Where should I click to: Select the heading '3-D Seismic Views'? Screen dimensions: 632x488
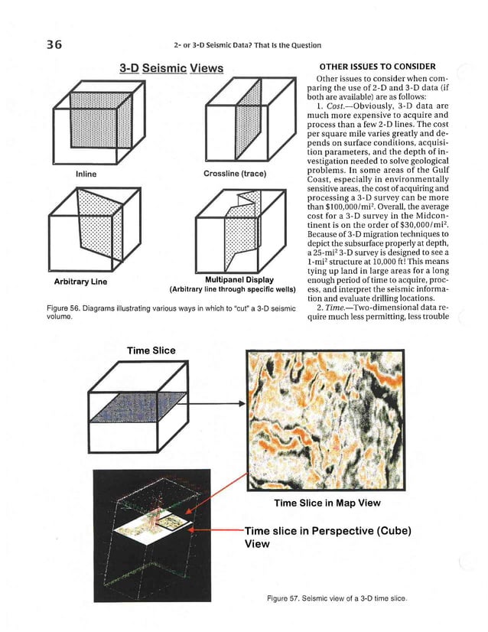171,70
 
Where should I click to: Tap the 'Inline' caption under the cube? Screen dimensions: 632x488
85,174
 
